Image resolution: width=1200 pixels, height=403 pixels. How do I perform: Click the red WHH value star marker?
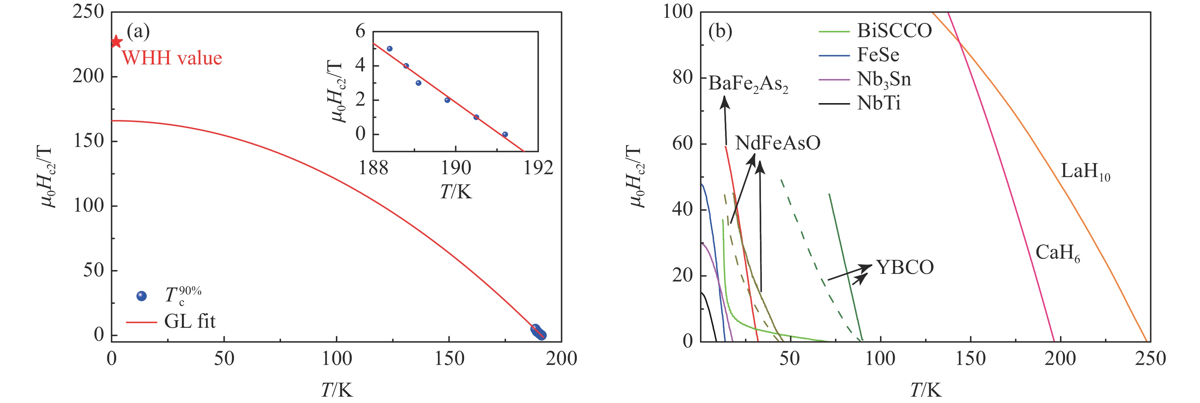tap(116, 42)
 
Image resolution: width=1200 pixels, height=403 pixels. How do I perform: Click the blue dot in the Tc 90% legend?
tap(142, 296)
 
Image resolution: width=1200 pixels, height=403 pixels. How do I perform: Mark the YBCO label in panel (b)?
tap(905, 268)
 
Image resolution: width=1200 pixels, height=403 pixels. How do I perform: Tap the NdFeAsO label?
tap(777, 143)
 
